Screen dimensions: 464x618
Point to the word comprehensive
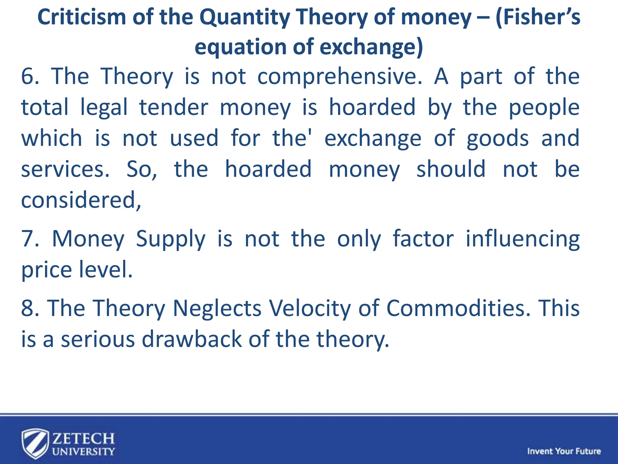(x=339, y=77)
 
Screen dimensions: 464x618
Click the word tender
(x=174, y=108)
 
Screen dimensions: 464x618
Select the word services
(x=65, y=169)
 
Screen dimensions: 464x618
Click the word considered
(x=80, y=200)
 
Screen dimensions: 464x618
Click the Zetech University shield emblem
(x=35, y=443)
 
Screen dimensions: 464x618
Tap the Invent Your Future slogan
(x=564, y=451)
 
